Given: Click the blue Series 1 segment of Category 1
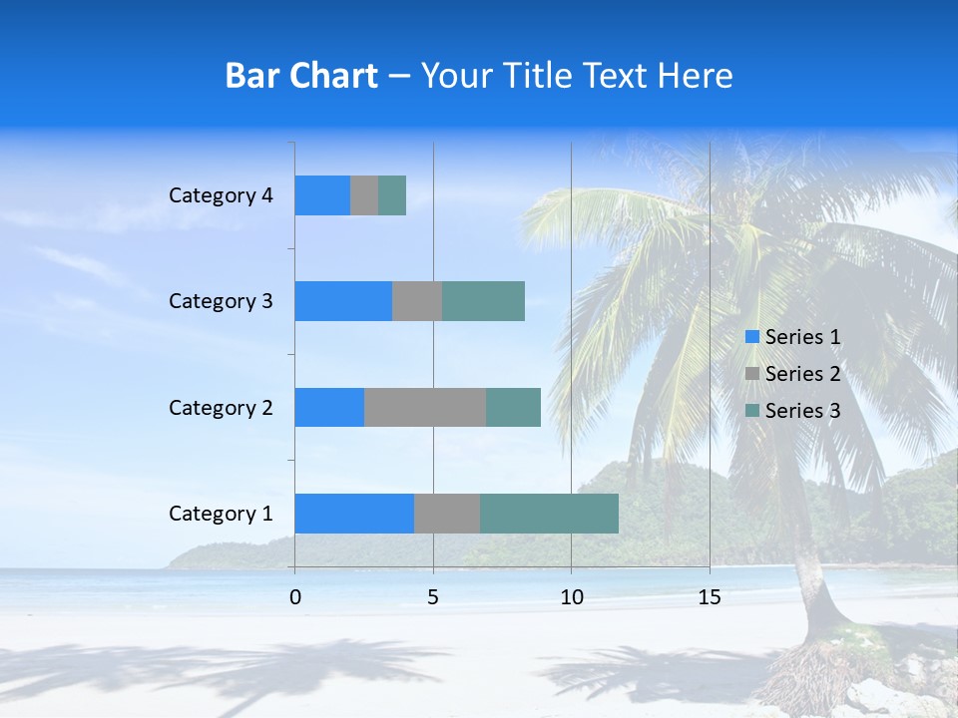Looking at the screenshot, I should coord(354,514).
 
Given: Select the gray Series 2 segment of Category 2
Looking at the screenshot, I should coord(425,407).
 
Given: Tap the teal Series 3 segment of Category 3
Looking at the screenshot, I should coord(483,301).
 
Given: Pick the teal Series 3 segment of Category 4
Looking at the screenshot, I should coord(392,195).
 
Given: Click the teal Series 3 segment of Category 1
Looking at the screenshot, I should coord(549,514).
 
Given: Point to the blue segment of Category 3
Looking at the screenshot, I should coord(343,301).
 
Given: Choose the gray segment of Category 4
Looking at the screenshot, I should coord(364,195).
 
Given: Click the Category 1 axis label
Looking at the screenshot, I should coord(221,514).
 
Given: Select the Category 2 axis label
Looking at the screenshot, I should coord(221,407).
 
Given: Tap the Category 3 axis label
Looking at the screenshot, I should coord(221,301).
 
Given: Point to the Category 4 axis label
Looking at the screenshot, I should coord(221,195).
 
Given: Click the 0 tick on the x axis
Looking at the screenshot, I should coord(295,597).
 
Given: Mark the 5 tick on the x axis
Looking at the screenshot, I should coord(433,597).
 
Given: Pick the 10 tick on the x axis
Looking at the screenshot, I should coord(571,597).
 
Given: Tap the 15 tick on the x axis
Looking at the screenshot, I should coord(710,597).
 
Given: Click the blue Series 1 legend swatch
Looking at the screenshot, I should coord(752,337).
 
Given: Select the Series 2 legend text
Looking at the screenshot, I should coord(802,374).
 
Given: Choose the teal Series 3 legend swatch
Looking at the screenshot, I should coord(752,411).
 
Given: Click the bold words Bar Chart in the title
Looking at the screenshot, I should coord(301,76).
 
